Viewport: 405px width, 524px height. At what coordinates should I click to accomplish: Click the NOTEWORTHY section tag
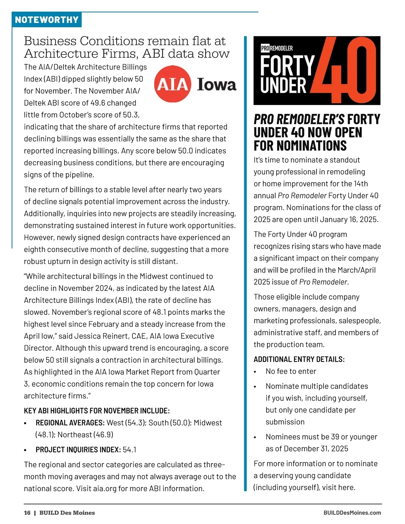(x=47, y=20)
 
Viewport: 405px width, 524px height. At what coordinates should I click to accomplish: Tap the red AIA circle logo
(x=172, y=84)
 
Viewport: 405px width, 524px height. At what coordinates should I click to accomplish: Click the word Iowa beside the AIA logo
(x=216, y=84)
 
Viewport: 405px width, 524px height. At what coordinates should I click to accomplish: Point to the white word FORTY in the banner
(x=287, y=65)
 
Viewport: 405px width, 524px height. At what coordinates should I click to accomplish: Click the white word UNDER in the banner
(x=283, y=85)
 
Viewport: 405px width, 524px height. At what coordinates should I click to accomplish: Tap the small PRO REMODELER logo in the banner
(x=277, y=48)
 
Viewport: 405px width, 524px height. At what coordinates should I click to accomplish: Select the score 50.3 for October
(x=131, y=115)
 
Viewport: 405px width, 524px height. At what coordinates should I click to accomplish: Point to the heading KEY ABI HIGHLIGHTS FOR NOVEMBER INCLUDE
(x=97, y=411)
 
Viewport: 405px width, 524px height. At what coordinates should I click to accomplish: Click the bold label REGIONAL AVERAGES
(x=70, y=423)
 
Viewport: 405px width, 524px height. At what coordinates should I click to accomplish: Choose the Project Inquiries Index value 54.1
(x=130, y=449)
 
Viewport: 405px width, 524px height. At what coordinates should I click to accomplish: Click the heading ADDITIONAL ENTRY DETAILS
(x=299, y=359)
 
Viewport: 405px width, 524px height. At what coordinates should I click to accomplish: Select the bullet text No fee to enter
(x=291, y=371)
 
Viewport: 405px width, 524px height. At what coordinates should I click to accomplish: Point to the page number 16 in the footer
(x=27, y=513)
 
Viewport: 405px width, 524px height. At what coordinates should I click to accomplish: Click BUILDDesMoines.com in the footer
(x=352, y=513)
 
